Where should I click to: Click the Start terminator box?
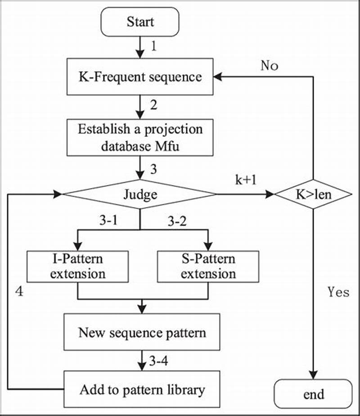coord(140,22)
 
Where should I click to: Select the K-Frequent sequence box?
coord(140,77)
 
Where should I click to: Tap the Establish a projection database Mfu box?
coord(140,137)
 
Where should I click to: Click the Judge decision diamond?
coord(140,194)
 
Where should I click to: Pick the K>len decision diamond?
coord(313,194)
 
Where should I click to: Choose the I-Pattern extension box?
coord(78,267)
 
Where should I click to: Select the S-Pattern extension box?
coord(208,267)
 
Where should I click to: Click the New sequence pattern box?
coord(142,333)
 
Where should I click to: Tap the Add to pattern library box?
coord(142,389)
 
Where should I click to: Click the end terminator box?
coord(313,394)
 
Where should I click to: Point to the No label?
coord(270,66)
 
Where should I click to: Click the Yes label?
coord(338,292)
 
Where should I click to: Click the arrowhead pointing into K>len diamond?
coord(270,194)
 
